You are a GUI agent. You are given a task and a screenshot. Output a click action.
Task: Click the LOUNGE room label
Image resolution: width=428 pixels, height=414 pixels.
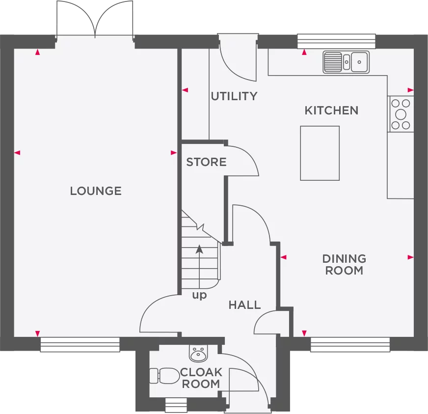pos(96,191)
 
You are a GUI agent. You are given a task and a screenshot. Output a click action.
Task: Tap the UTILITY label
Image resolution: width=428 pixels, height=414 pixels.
pos(234,96)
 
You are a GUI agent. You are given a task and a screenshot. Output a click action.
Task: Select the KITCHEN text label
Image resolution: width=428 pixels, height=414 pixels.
pos(331,110)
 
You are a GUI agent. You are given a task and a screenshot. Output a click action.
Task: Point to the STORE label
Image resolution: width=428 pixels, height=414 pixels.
pos(206,162)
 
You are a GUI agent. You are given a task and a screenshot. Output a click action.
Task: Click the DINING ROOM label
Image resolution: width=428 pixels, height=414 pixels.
pos(344,264)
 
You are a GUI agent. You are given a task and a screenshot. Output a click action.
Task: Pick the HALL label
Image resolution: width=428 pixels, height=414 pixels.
pos(244,305)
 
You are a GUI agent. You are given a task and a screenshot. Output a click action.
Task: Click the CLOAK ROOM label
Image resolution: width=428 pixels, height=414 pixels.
pos(201,378)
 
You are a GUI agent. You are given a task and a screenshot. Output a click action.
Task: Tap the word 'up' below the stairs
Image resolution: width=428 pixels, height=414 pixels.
pos(199,296)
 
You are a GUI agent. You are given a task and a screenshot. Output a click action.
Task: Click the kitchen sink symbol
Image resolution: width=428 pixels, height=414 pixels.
pos(347,62)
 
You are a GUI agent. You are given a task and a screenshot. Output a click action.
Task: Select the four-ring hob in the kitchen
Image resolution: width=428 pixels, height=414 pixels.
pos(401,114)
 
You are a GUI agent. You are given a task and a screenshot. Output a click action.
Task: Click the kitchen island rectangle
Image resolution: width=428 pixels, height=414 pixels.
pos(320,153)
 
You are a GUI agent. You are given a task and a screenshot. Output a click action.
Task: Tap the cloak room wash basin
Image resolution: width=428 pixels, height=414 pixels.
pos(198,353)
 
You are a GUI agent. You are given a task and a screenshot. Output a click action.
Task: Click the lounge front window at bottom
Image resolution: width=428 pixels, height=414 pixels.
pos(80,345)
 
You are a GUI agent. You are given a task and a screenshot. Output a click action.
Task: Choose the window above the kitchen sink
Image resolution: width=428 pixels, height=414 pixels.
pos(337,40)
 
